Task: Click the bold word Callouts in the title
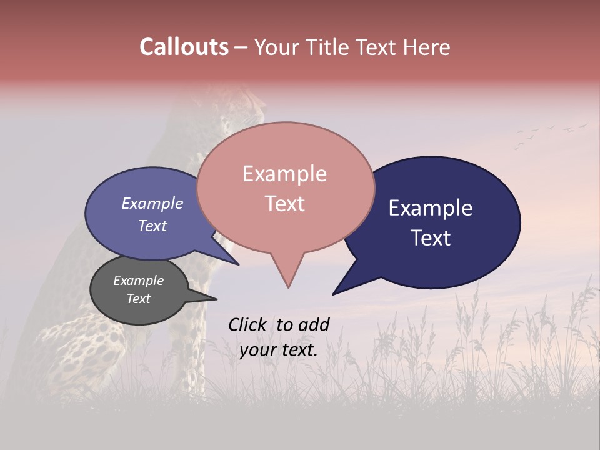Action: click(x=184, y=47)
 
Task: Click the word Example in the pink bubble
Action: click(x=284, y=174)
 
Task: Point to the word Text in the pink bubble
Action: click(x=284, y=204)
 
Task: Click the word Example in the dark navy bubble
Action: click(x=430, y=208)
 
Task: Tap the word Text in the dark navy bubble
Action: click(x=431, y=238)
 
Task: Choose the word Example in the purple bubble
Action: click(x=152, y=204)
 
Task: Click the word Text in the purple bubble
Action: click(x=152, y=226)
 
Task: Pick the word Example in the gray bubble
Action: click(x=138, y=281)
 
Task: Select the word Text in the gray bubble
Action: click(x=138, y=299)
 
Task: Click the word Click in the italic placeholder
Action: click(x=248, y=324)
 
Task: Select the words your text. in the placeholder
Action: click(x=279, y=350)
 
